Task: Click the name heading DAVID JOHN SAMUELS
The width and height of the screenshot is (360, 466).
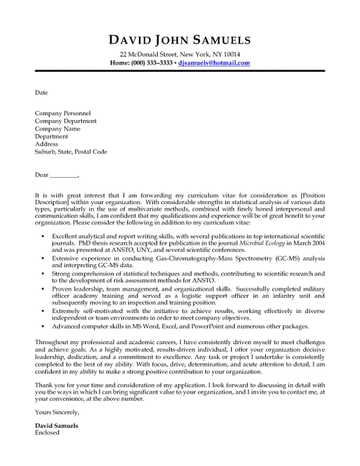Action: [x=180, y=40]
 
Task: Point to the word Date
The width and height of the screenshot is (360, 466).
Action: [x=41, y=93]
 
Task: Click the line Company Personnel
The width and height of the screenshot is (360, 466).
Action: [x=63, y=113]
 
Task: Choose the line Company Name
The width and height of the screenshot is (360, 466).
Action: [x=58, y=129]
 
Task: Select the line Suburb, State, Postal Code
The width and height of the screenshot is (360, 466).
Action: [x=71, y=152]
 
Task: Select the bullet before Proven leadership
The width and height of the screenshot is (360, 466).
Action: [x=41, y=289]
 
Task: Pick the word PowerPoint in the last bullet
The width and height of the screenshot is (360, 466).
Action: [x=210, y=326]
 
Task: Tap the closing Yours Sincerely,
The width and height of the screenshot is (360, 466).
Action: [x=57, y=413]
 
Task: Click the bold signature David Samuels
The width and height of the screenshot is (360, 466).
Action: [x=56, y=426]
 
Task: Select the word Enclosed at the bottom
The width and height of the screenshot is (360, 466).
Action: [x=48, y=432]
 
